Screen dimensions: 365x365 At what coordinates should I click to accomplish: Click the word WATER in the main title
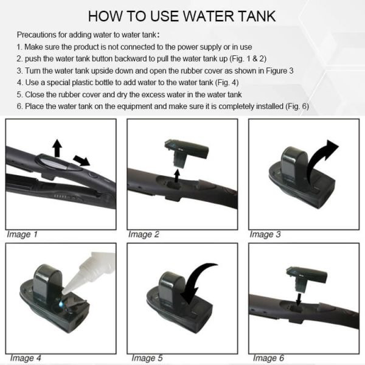[208, 16]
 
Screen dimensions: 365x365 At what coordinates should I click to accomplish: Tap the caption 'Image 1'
[22, 234]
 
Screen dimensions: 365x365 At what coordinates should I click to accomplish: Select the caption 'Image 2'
[144, 234]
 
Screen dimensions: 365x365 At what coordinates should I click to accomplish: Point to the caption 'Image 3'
[265, 234]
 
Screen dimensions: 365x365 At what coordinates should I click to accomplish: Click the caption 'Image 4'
[26, 358]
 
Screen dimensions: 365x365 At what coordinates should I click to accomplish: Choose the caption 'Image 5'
[147, 358]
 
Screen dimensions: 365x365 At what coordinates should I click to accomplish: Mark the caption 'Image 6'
[269, 358]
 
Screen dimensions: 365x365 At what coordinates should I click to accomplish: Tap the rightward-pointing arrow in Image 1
[82, 160]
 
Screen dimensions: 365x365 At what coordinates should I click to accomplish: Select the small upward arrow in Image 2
[177, 176]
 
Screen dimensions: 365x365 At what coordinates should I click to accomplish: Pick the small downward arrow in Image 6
[299, 299]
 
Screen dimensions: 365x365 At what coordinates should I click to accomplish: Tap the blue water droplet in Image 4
[61, 304]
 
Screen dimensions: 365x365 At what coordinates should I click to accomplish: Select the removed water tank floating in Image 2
[186, 153]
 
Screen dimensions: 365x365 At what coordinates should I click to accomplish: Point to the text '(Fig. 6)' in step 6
[297, 106]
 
